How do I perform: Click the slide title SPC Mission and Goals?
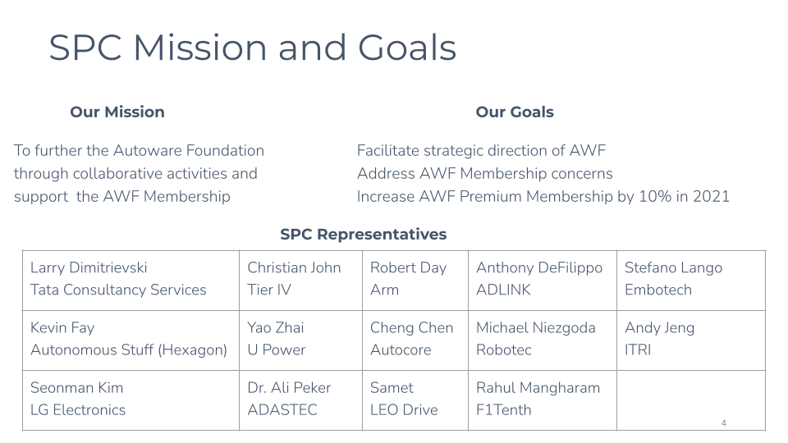(252, 48)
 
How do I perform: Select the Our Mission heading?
(117, 112)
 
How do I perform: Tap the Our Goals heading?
(515, 112)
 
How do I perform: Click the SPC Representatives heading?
(364, 234)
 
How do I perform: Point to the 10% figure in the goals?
(655, 196)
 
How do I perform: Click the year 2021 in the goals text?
(711, 196)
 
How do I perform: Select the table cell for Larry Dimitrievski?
(131, 281)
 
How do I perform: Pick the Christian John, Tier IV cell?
(300, 281)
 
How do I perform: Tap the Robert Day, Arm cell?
(415, 281)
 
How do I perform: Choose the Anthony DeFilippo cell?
(543, 281)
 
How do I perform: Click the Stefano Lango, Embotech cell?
(691, 281)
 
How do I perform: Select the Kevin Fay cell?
(131, 340)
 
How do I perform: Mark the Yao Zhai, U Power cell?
(300, 340)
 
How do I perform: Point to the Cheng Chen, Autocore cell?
(415, 340)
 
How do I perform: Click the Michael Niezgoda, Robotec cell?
(543, 340)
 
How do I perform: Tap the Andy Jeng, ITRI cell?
(691, 340)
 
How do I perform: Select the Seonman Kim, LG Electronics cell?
(131, 400)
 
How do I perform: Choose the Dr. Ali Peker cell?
(300, 400)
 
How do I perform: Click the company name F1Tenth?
(503, 410)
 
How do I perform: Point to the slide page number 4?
(724, 423)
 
